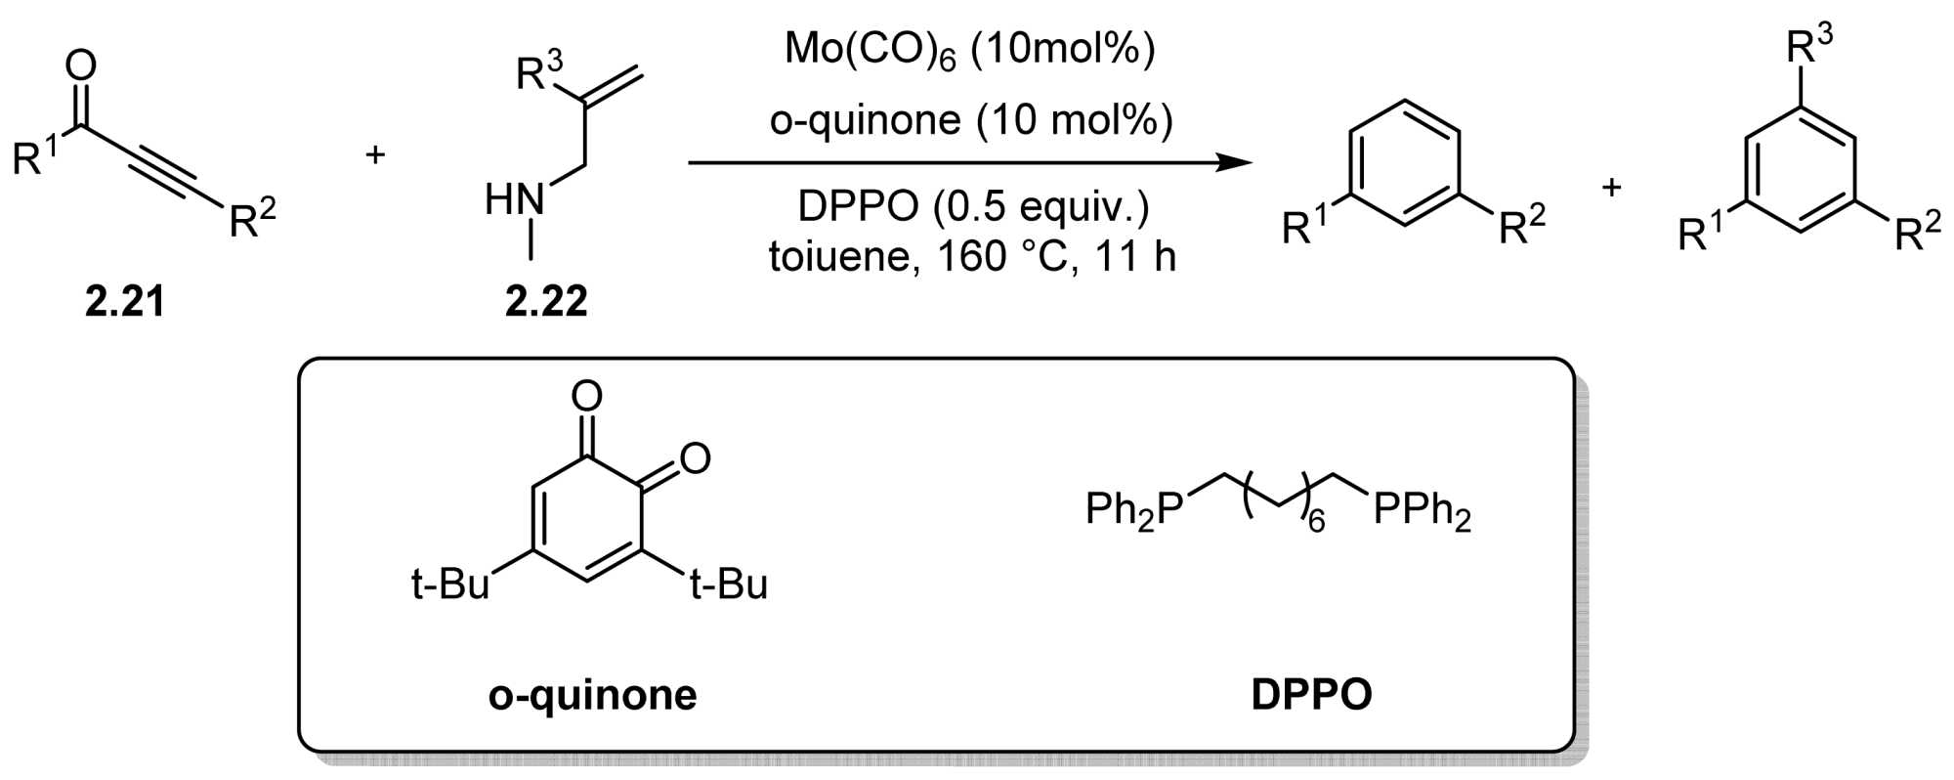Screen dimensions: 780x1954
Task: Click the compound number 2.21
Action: (x=124, y=302)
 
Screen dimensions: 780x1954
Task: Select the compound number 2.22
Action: (x=546, y=302)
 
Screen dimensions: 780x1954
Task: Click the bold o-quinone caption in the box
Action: (x=593, y=695)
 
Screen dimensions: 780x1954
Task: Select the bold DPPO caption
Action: (x=1312, y=695)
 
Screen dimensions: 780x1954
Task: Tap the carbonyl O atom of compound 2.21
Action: (x=81, y=65)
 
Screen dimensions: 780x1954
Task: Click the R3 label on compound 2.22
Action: (x=539, y=72)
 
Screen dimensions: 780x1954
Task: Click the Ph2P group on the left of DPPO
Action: (x=1134, y=510)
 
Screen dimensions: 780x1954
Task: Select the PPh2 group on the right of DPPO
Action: (x=1423, y=510)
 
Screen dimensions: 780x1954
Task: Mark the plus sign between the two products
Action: (x=1612, y=186)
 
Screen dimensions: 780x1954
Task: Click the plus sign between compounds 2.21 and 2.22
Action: (x=375, y=154)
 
